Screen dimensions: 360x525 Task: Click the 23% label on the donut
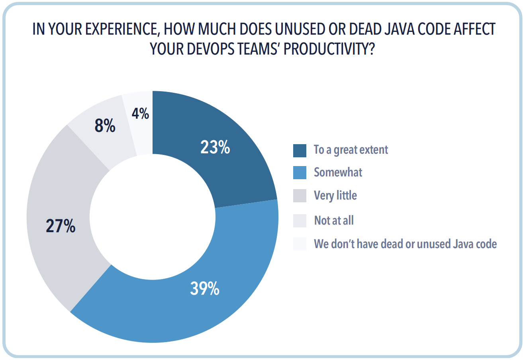tap(215, 148)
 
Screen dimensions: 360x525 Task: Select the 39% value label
tap(205, 288)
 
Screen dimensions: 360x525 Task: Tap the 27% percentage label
tap(61, 226)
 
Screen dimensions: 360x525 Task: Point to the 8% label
tap(105, 126)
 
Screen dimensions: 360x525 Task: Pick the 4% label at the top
tap(140, 114)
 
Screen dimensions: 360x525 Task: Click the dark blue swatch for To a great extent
tap(300, 150)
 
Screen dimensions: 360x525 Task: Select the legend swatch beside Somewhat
tap(300, 172)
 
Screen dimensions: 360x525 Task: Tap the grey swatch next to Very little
tap(300, 196)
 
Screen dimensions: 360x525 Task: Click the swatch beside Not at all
tap(300, 220)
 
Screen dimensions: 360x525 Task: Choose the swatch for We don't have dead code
tap(300, 244)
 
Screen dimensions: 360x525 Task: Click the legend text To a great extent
tap(351, 150)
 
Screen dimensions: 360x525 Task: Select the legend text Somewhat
tap(338, 172)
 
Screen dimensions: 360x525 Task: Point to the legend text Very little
tap(335, 196)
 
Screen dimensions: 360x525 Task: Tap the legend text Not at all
tap(333, 220)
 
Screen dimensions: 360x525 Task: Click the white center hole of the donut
tap(153, 217)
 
